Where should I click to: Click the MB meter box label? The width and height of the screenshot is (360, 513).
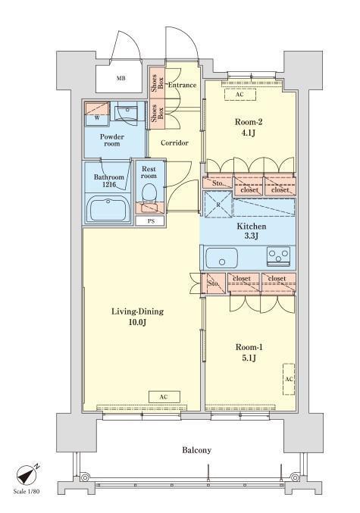tap(121, 79)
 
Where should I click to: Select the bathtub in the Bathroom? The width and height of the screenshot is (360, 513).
tap(108, 209)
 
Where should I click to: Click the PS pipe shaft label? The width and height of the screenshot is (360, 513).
tap(151, 221)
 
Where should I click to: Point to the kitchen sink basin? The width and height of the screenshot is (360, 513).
tap(222, 258)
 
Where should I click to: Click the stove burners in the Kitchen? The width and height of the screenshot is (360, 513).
tap(278, 255)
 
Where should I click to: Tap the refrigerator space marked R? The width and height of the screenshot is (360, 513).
tap(218, 205)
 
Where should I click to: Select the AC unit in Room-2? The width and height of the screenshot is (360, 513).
tap(240, 95)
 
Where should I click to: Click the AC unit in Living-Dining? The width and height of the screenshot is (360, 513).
tap(164, 396)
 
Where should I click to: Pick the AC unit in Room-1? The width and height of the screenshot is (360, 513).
tap(289, 379)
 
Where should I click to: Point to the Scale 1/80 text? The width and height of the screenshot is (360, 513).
tap(27, 492)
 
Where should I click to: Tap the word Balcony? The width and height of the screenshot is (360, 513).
tap(197, 450)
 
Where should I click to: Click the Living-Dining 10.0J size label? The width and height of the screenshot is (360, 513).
tap(137, 317)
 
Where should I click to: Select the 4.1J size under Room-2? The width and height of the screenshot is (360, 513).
tap(249, 133)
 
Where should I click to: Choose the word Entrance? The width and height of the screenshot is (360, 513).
tap(183, 85)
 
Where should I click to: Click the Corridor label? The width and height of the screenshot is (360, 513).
tap(174, 143)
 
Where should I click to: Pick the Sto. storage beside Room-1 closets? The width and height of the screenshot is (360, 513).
tap(214, 283)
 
